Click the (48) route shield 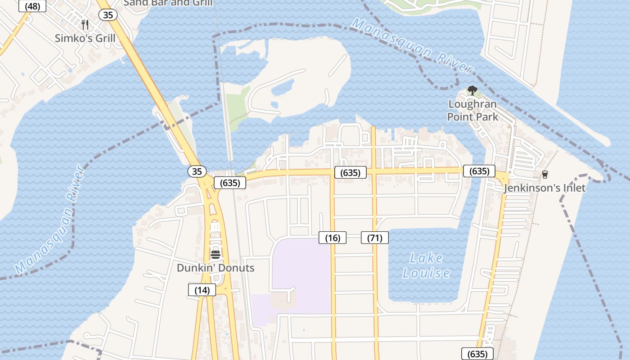(x=32, y=6)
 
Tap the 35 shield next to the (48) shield (x=108, y=15)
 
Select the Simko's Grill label (x=85, y=38)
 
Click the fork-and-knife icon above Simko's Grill (x=85, y=24)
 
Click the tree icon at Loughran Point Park (x=472, y=90)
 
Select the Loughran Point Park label (x=472, y=110)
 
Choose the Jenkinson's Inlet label (x=544, y=188)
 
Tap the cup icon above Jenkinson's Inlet (x=545, y=174)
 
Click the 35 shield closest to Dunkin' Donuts (x=197, y=171)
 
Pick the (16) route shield (x=333, y=238)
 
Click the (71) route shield (x=375, y=238)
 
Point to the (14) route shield (x=202, y=290)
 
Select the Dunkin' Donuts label (x=215, y=268)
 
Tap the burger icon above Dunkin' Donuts (x=216, y=254)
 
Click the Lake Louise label (x=426, y=265)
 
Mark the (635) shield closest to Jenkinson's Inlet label (x=479, y=171)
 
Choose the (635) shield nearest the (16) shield (x=350, y=172)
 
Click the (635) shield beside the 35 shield (x=230, y=183)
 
